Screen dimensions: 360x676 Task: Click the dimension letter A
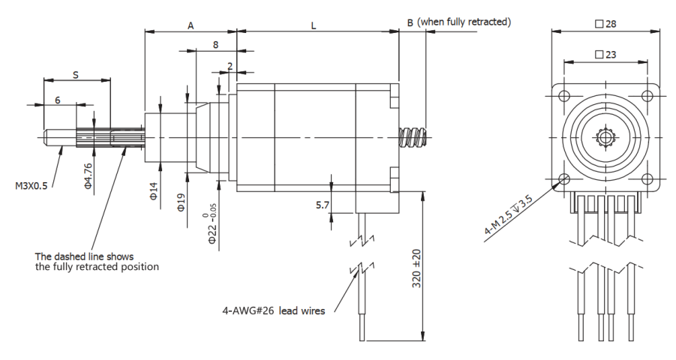(191, 25)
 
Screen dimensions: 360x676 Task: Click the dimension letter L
(314, 25)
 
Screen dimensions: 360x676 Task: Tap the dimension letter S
(76, 73)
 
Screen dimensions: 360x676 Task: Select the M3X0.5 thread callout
(31, 185)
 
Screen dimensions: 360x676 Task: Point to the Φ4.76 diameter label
(89, 175)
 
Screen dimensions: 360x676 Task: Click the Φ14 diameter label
(154, 193)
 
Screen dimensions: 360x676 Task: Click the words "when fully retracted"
(465, 22)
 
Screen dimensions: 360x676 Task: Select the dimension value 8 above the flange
(216, 45)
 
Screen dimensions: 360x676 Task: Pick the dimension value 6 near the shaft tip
(57, 100)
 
